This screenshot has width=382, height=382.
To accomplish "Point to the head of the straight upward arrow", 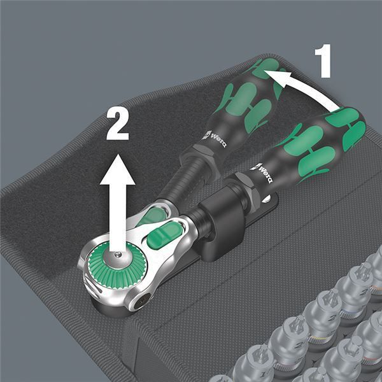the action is tap(118, 169).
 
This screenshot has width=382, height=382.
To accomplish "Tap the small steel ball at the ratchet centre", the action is tap(118, 255).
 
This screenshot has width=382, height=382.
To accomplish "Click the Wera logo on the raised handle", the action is tap(215, 138).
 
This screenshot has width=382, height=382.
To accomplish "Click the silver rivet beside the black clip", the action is tap(266, 199).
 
